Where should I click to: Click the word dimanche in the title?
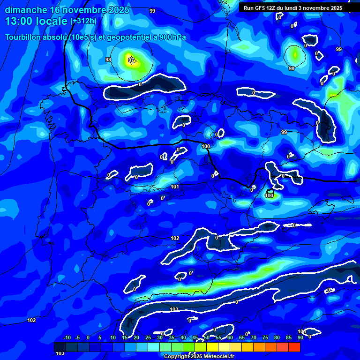click(x=26, y=10)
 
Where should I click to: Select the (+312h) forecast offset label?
click(x=83, y=21)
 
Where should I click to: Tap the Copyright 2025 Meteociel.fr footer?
click(x=199, y=356)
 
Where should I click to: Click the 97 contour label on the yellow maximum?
click(x=132, y=60)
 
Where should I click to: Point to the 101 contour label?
click(x=175, y=187)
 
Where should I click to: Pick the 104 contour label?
click(x=301, y=331)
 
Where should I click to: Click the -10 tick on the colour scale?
click(x=67, y=337)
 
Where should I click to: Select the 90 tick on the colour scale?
click(x=300, y=337)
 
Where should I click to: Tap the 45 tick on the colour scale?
click(x=195, y=337)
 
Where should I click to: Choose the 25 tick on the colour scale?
click(x=148, y=337)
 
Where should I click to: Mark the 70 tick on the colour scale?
click(x=254, y=337)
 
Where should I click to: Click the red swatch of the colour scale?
click(x=294, y=347)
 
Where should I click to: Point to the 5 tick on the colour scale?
click(x=100, y=337)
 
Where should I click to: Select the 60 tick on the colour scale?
click(x=230, y=337)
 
